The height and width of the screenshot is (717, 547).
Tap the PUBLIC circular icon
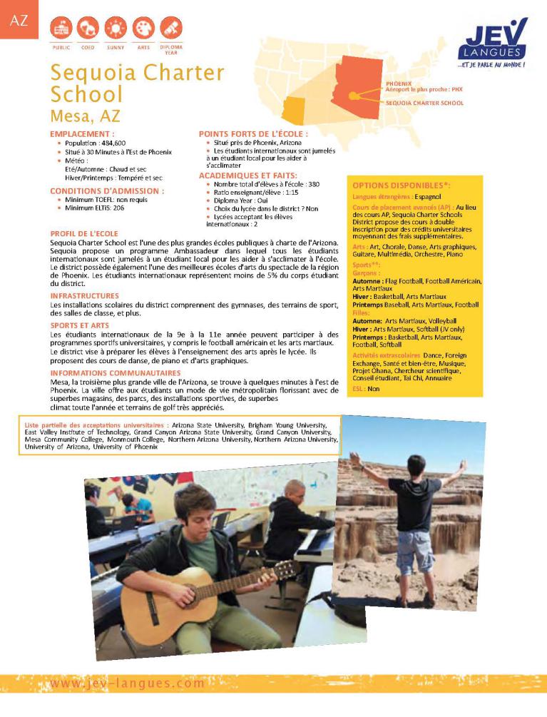click(61, 29)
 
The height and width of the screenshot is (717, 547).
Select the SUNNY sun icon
click(116, 29)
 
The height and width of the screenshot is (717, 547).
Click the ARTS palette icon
click(143, 29)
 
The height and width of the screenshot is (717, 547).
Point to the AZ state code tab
click(19, 20)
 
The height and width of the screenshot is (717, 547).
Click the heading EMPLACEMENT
click(82, 134)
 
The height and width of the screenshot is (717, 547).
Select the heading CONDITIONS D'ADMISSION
click(107, 191)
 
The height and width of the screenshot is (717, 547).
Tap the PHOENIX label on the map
click(398, 83)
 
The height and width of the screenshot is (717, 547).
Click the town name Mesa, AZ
click(86, 116)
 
